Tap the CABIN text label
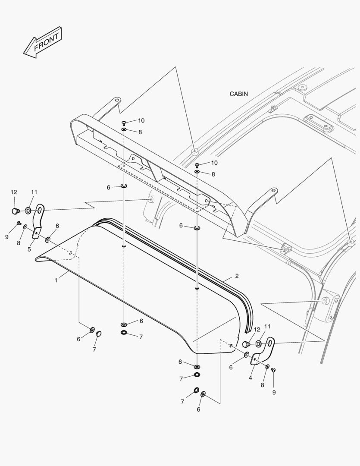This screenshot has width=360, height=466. click(238, 94)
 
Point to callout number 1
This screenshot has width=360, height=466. click(56, 280)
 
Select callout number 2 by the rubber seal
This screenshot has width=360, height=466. click(237, 276)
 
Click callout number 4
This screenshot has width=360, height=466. click(250, 378)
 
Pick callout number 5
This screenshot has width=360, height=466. click(30, 249)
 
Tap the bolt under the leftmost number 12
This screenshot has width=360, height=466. click(16, 211)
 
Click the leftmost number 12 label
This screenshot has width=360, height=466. click(14, 192)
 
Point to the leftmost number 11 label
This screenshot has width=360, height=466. click(34, 192)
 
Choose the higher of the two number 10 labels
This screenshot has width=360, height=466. click(141, 120)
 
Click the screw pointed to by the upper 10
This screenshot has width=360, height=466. click(124, 123)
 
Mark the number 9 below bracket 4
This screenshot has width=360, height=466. click(274, 392)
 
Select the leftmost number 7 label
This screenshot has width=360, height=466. click(94, 349)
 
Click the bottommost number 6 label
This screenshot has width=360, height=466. click(198, 409)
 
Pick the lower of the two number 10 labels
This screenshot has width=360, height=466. click(214, 163)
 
